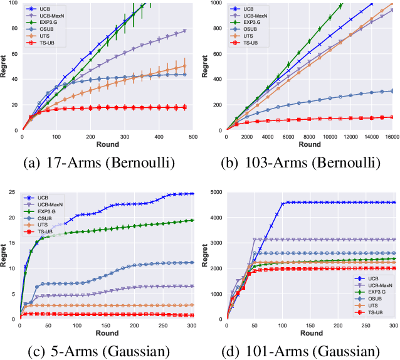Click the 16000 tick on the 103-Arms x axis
coord(394,136)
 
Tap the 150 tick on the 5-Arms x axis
coord(106,325)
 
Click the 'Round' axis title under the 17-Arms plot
coord(107,144)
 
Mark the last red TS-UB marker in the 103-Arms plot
coord(391,117)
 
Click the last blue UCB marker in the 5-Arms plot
coord(192,194)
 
